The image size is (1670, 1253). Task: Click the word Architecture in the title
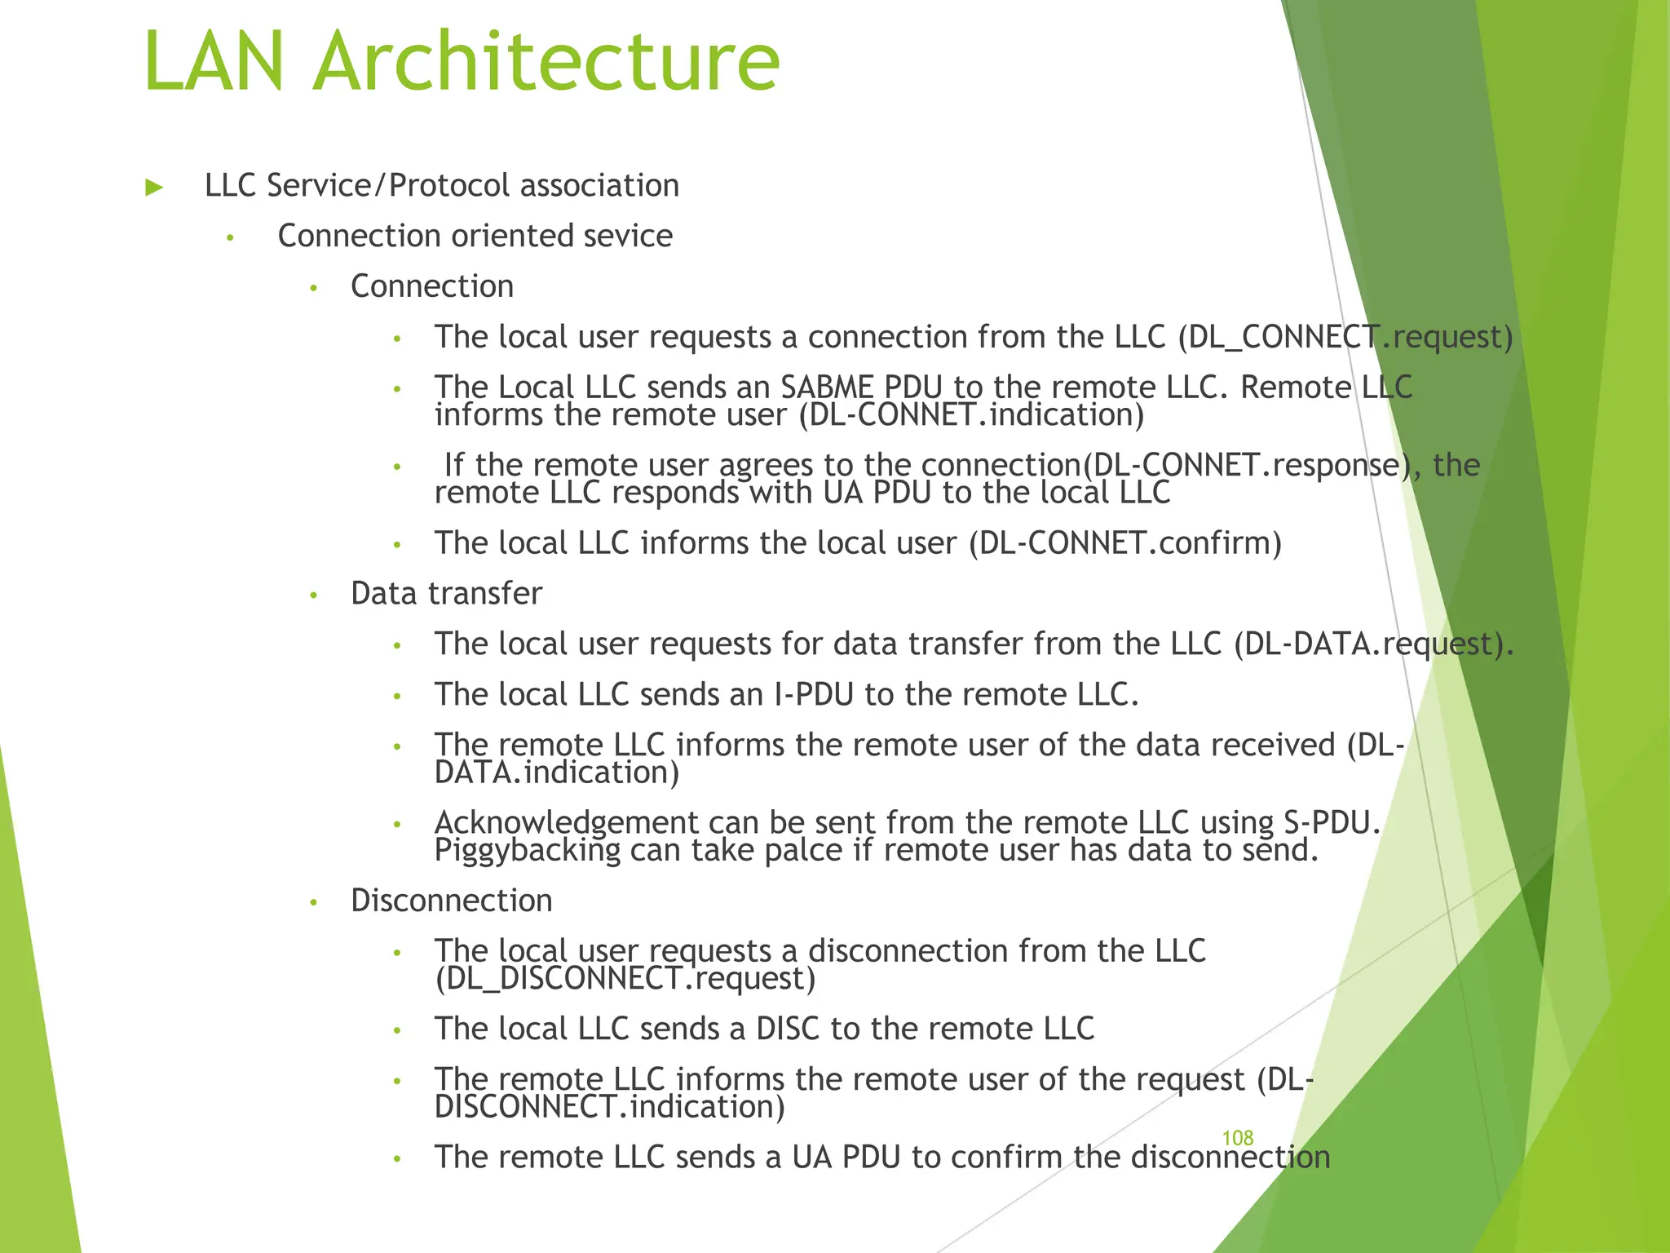point(546,62)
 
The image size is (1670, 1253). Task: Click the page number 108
point(1237,1138)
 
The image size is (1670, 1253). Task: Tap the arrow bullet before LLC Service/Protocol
point(154,188)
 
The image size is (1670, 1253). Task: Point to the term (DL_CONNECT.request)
point(1345,337)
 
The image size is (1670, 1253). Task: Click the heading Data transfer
point(446,593)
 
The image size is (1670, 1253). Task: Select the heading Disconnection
point(452,901)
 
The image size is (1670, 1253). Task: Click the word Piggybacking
point(528,850)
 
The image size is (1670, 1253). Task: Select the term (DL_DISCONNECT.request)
point(625,978)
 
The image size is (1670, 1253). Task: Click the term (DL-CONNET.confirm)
point(1124,543)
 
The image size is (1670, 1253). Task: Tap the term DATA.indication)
point(557,773)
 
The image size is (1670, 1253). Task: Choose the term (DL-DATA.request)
point(1373,644)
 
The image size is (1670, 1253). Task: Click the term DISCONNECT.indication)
point(610,1107)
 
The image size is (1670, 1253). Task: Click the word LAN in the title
point(214,62)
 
